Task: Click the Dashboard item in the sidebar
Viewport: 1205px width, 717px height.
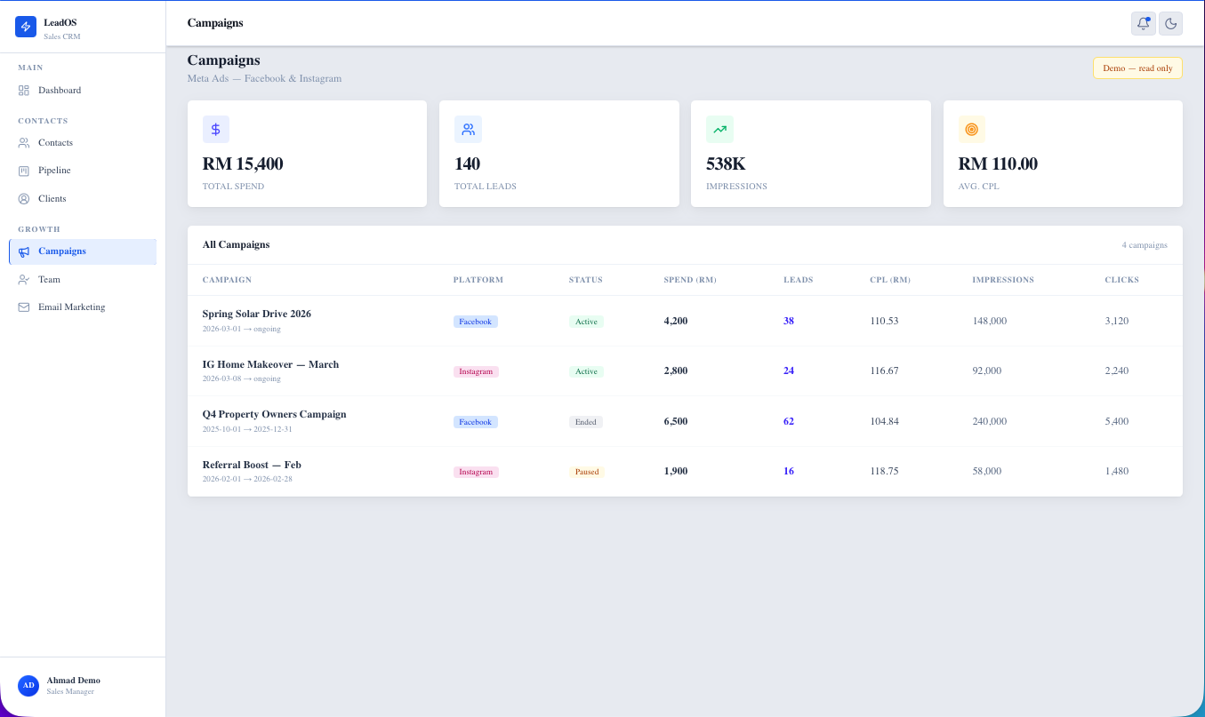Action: coord(59,91)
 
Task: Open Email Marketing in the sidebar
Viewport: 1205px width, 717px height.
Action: coord(71,307)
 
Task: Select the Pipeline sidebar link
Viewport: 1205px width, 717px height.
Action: coord(53,171)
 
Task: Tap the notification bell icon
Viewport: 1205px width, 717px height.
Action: coord(1143,24)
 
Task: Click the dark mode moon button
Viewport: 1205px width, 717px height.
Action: coord(1170,24)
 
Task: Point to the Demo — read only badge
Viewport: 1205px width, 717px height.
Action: coord(1137,68)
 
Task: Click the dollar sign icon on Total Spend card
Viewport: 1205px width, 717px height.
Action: coord(215,130)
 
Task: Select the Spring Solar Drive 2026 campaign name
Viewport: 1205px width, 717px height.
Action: coord(256,315)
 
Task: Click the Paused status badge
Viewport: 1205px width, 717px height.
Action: coord(586,472)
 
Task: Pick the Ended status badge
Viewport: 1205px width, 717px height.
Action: coord(585,422)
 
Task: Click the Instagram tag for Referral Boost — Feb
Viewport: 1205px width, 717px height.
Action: coord(476,472)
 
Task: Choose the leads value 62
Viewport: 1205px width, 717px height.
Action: coord(788,422)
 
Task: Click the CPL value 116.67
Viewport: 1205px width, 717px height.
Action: coord(884,371)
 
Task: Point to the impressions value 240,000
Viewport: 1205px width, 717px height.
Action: coord(989,422)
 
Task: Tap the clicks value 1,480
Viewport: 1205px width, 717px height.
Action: coord(1116,472)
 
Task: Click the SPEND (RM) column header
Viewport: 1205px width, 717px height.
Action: coord(689,280)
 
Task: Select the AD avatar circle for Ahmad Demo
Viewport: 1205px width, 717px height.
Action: coord(28,685)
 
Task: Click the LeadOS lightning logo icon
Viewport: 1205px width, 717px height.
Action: coord(26,27)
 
